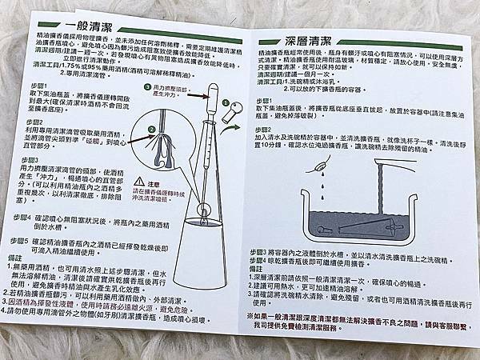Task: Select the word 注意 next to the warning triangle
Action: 145,184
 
